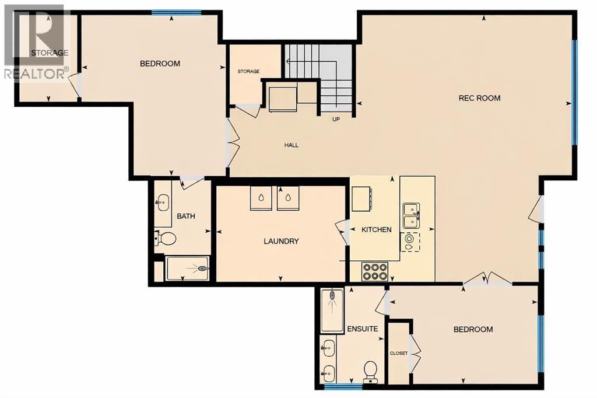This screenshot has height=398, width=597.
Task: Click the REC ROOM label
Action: [x=479, y=98]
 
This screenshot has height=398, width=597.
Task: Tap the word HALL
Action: [x=291, y=145]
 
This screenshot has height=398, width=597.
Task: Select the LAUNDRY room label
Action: [x=281, y=241]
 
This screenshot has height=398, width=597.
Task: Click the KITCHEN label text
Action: [x=377, y=230]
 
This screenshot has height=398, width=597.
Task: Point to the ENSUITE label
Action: [x=363, y=329]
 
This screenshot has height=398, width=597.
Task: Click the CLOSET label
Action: [x=398, y=354]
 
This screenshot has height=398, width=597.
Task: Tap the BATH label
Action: [x=186, y=217]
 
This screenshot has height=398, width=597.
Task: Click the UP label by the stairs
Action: [x=336, y=120]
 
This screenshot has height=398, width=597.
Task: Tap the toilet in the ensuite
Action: [x=370, y=371]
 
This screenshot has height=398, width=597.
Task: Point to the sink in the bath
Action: [x=162, y=202]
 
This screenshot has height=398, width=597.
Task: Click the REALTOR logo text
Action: [x=35, y=74]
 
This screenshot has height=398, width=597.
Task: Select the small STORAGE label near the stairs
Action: [x=248, y=71]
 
